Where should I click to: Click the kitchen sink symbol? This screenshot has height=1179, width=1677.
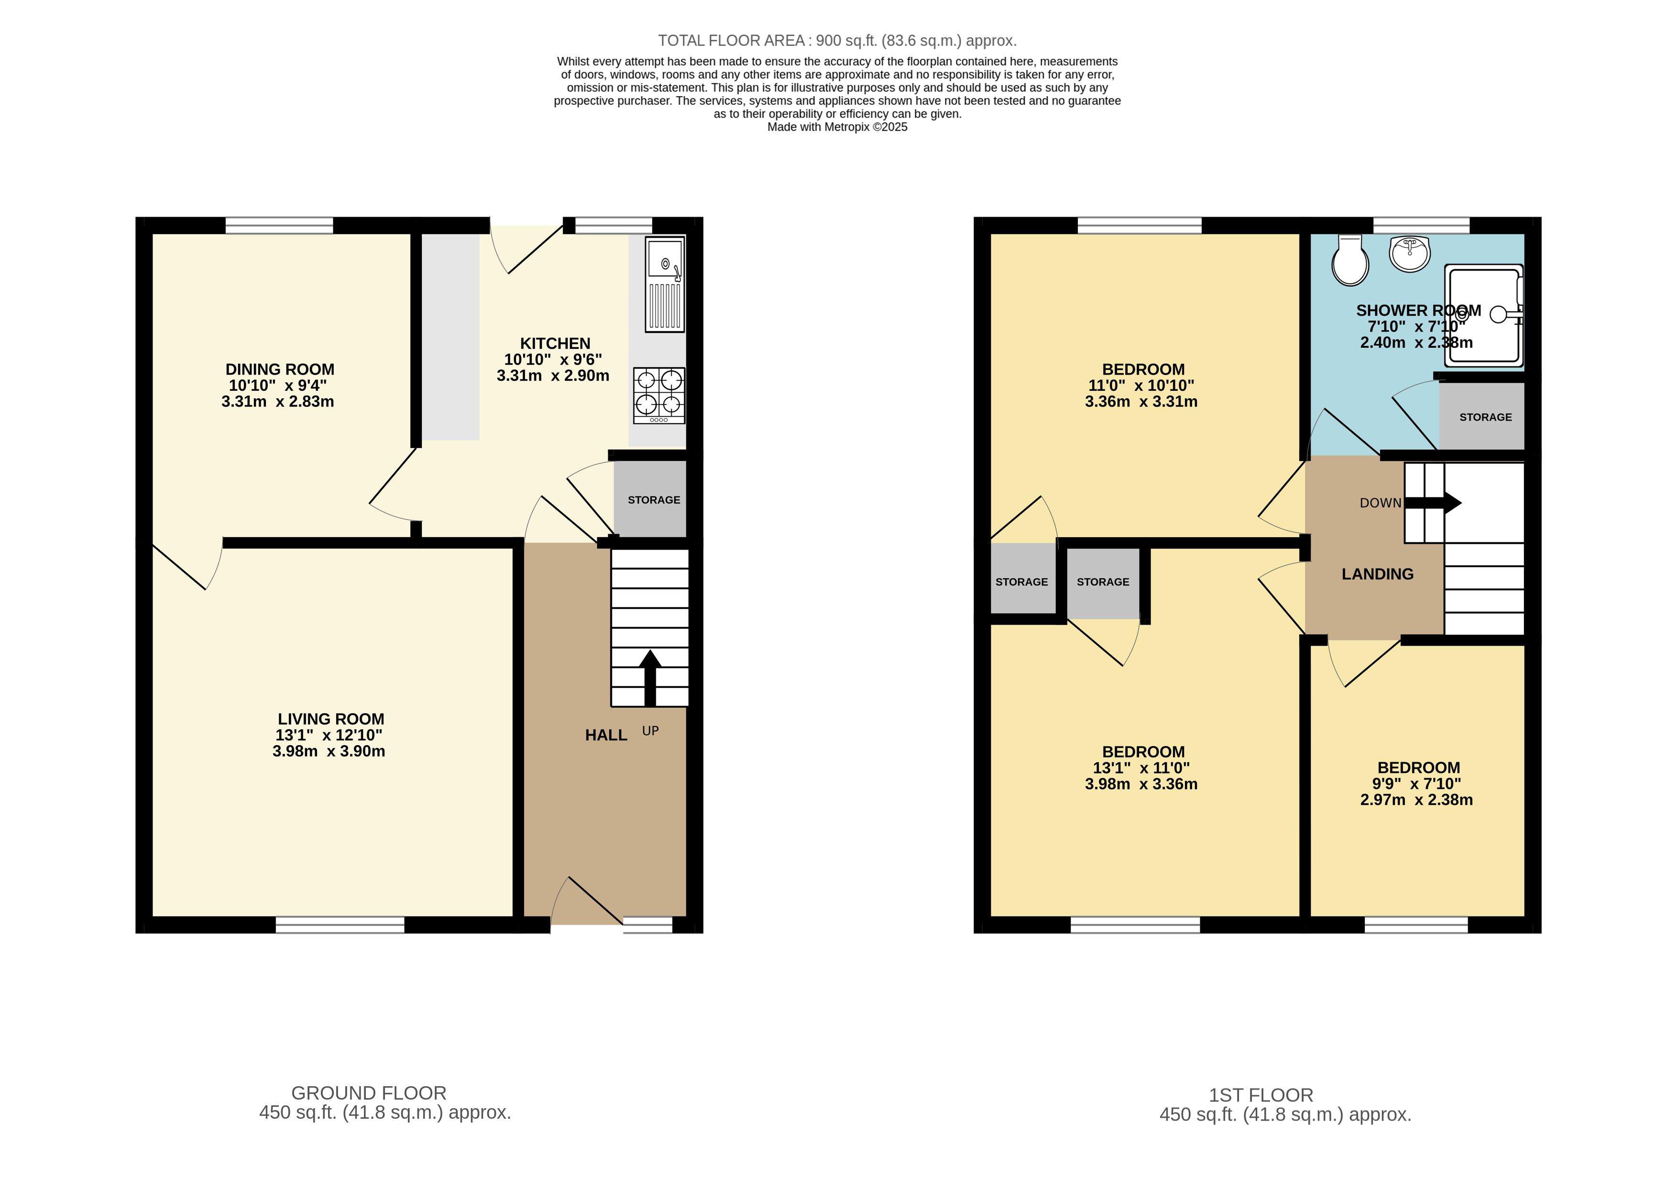coord(665,284)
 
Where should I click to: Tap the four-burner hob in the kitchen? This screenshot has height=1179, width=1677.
coord(659,395)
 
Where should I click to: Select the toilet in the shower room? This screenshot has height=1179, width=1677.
coord(1350,261)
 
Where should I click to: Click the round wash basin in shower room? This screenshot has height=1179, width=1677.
coord(1410,254)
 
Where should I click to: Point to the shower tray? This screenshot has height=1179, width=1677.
coord(1484,316)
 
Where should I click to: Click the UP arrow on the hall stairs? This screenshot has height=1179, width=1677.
coord(650,676)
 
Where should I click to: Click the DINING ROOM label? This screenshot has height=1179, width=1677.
coord(280,370)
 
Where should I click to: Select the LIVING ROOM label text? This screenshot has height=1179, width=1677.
coord(331,719)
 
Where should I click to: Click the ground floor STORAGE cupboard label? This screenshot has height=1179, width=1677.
coord(654,500)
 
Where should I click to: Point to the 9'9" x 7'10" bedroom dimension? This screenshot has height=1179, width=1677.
coord(1416,784)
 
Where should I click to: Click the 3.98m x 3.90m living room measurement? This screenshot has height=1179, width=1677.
coord(329,752)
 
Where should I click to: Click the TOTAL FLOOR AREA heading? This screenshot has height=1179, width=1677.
coord(837,41)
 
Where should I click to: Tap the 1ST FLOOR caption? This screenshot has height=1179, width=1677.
coord(1260,1095)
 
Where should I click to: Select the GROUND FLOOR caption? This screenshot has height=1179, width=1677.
coord(369,1093)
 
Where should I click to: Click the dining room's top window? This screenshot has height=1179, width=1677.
coord(279,225)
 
